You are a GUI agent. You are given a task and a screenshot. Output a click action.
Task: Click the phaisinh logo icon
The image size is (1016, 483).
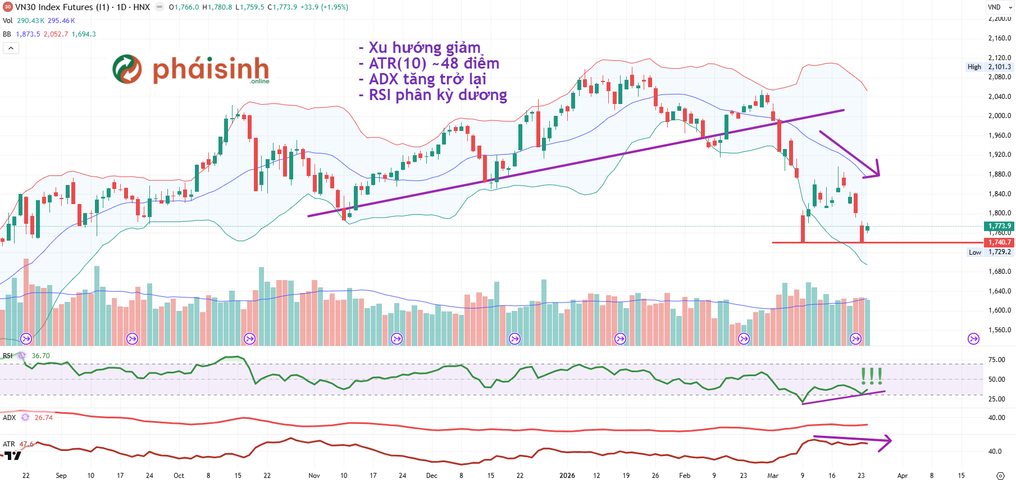click(x=127, y=69)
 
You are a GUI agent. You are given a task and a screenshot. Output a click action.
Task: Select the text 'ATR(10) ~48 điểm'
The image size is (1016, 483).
click(x=434, y=64)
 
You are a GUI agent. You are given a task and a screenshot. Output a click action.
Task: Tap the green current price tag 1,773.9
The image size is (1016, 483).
click(x=999, y=226)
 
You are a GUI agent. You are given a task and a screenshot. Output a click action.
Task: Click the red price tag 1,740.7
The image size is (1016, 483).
click(x=999, y=242)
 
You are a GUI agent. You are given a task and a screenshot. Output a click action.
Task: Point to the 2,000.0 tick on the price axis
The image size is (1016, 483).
click(x=999, y=116)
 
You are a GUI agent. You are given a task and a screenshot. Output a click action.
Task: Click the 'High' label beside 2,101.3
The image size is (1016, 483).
click(x=974, y=67)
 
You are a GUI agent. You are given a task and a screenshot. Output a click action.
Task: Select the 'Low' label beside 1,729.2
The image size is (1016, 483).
click(x=974, y=252)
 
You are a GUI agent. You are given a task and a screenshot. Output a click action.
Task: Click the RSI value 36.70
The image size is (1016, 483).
click(x=40, y=356)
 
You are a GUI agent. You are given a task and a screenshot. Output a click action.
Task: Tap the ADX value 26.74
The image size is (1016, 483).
click(x=43, y=418)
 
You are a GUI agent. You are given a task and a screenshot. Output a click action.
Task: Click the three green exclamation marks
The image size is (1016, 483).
click(x=871, y=375)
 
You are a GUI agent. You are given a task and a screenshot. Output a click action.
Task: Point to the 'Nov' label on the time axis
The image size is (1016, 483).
click(x=314, y=476)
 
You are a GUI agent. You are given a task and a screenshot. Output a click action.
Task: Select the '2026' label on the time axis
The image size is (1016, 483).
click(x=567, y=476)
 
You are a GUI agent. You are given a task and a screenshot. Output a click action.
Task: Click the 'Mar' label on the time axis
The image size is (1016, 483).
click(x=773, y=476)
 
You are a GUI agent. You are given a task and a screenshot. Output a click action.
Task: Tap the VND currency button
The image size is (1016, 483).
click(x=994, y=7)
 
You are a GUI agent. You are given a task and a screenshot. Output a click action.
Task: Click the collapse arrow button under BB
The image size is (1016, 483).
click(x=11, y=48)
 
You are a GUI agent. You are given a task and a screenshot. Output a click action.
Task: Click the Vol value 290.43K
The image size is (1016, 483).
click(x=30, y=21)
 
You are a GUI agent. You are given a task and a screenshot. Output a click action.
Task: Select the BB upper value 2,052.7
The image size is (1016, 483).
click(x=56, y=34)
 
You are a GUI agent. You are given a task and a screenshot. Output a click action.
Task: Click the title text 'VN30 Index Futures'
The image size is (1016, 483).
click(x=54, y=7)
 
